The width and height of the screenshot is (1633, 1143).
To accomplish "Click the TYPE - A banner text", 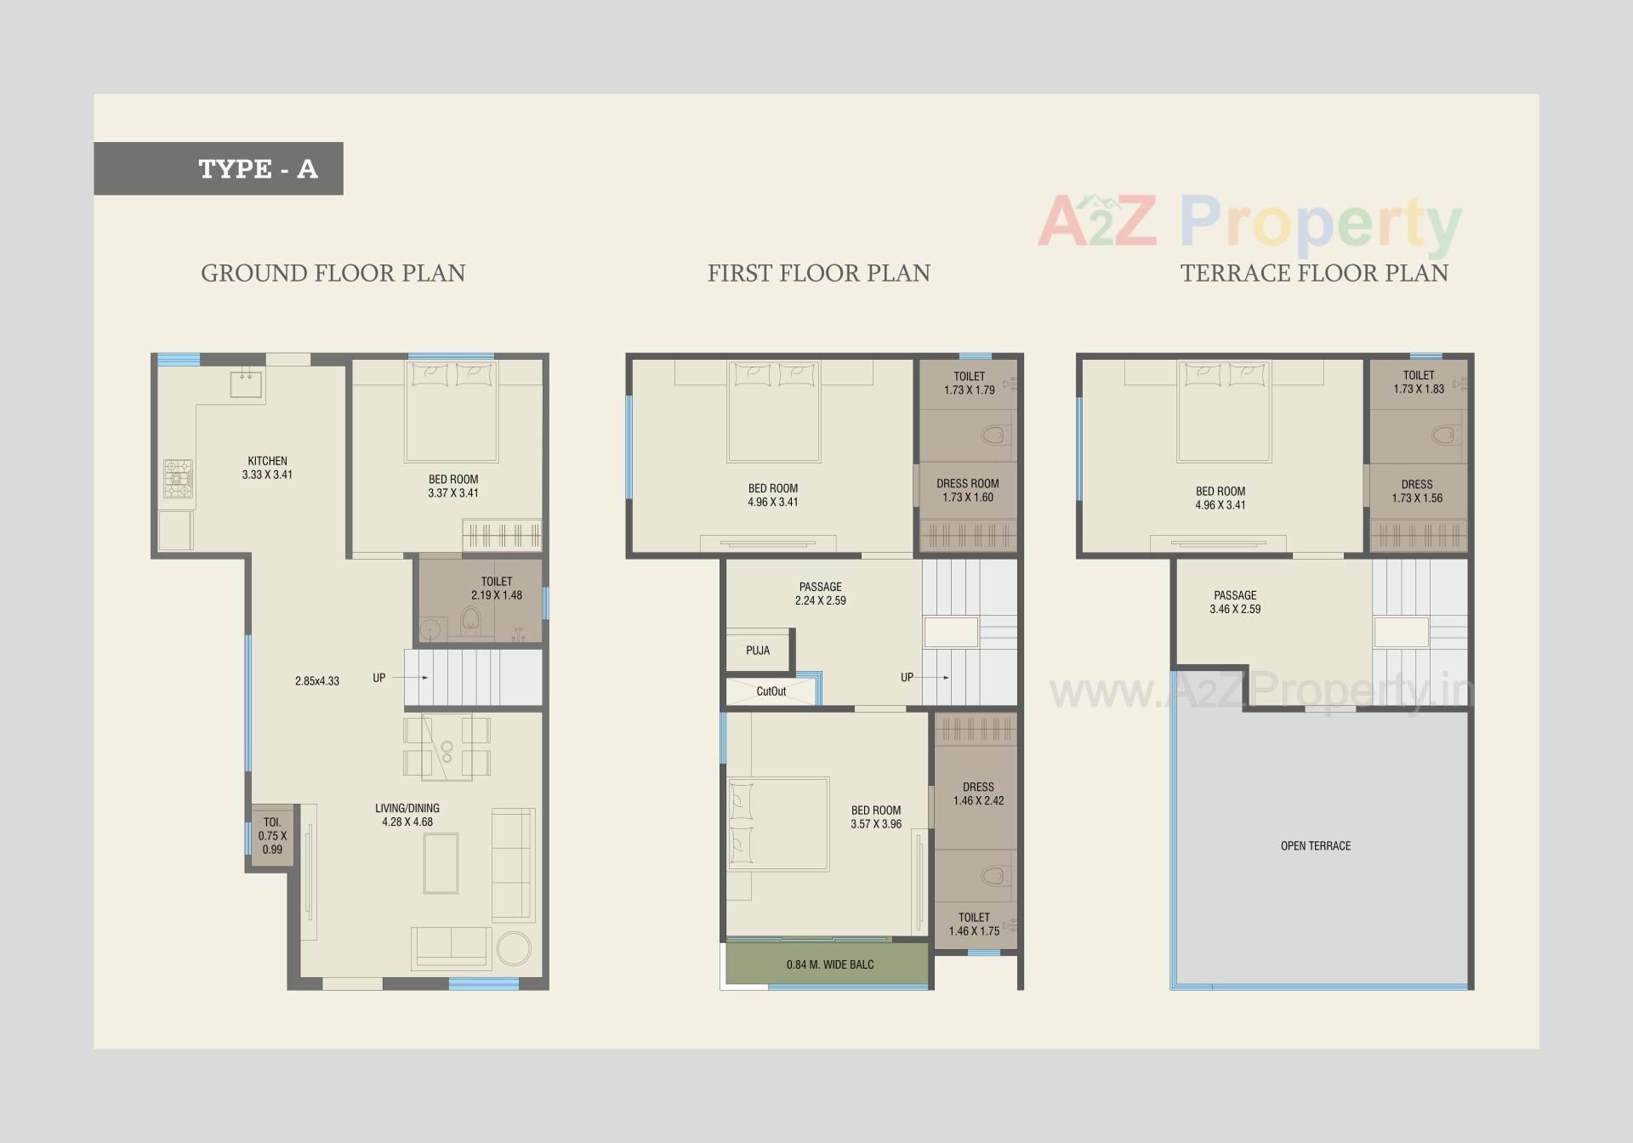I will [x=258, y=168].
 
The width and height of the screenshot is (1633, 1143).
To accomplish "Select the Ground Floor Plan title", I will [x=333, y=273].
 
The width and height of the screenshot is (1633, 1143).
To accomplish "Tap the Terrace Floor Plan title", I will [x=1313, y=273].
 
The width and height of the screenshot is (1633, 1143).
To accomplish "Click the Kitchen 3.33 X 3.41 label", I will [x=267, y=468].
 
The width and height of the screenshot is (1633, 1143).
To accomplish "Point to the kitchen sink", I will [x=246, y=384].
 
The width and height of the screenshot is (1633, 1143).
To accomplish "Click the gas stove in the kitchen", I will [x=178, y=479].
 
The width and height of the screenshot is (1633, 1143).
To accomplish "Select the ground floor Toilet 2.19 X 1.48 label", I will [x=497, y=589].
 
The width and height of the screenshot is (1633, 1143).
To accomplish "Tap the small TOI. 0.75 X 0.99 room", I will [x=272, y=835].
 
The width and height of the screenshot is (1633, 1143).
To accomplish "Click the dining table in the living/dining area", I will [x=447, y=748].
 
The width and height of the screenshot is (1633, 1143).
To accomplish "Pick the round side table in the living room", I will [x=514, y=948].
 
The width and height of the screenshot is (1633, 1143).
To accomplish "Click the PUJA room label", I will [x=758, y=651].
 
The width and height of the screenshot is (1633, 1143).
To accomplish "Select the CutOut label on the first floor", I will [x=771, y=691].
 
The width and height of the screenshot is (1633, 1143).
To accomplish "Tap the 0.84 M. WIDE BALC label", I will [x=829, y=964].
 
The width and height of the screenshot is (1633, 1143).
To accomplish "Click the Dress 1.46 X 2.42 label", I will [x=978, y=793].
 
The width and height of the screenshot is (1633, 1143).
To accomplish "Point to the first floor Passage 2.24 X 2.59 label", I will [x=820, y=594].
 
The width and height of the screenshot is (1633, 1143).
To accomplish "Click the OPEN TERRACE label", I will [x=1315, y=845].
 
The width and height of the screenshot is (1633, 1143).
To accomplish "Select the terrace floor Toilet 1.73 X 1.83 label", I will [x=1418, y=382].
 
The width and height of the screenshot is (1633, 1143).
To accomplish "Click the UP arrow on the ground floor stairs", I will [x=411, y=678].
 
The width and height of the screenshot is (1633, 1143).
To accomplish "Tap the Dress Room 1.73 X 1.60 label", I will [x=967, y=490].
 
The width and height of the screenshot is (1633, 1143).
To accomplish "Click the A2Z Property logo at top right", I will [x=1249, y=223].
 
